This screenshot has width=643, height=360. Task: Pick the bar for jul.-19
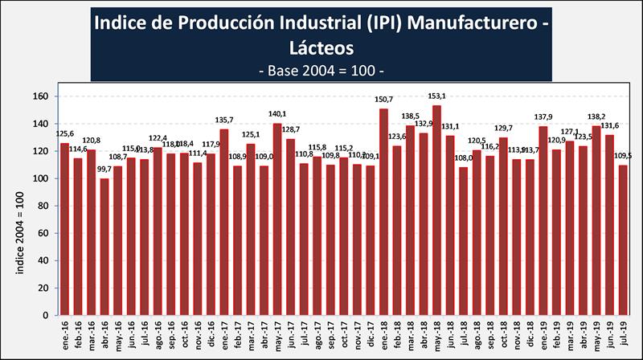pyautogui.click(x=623, y=240)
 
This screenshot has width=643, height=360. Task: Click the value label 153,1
pyautogui.click(x=436, y=96)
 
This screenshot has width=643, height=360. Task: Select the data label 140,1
pyautogui.click(x=277, y=114)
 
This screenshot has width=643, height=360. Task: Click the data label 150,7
pyautogui.click(x=383, y=100)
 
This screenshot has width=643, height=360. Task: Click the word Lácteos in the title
pyautogui.click(x=321, y=47)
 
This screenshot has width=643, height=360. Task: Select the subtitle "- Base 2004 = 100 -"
pyautogui.click(x=321, y=70)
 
